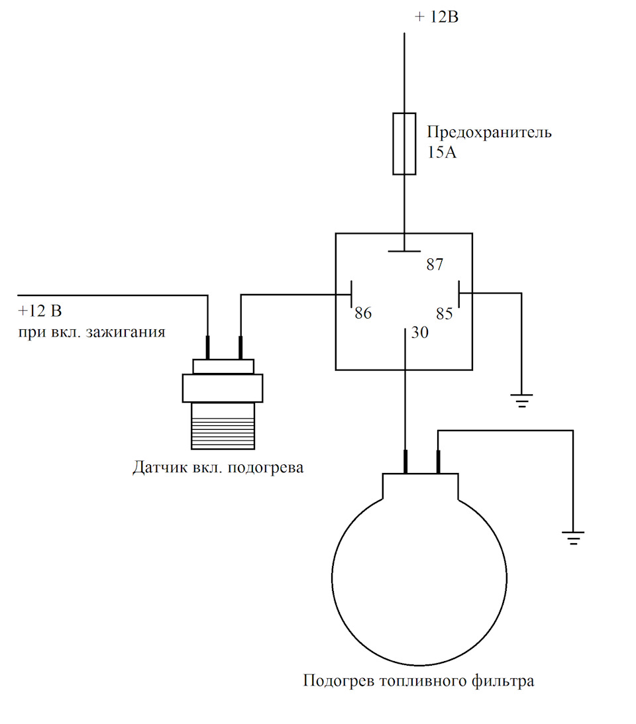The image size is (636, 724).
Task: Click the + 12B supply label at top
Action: point(437,17)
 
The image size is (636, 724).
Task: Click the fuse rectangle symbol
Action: point(404,144)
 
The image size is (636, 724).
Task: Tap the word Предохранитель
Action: point(489,132)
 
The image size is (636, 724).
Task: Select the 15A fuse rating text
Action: point(441,152)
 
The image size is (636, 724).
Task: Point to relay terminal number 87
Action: point(435,264)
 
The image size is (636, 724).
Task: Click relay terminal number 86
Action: point(363,313)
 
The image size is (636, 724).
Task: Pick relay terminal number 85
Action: point(445,313)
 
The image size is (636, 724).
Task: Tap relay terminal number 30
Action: point(420,333)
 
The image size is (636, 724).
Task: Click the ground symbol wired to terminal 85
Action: point(521,400)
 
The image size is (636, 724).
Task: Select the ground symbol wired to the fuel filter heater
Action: point(573,538)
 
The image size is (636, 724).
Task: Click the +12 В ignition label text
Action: point(40,311)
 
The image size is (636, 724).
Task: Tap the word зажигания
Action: point(126,332)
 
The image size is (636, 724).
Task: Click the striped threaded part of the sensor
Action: point(223,426)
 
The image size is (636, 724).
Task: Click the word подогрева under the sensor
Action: point(266,468)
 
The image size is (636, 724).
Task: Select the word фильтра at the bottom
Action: point(503,680)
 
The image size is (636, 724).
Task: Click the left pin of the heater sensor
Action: point(207,348)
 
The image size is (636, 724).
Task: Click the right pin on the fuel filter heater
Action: point(438,462)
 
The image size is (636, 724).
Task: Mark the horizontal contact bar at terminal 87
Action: point(404,251)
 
